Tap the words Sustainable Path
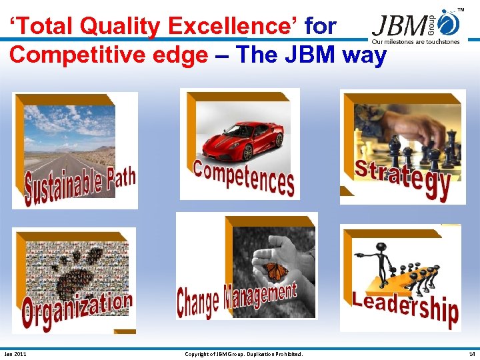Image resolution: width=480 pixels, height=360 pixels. click(80, 184)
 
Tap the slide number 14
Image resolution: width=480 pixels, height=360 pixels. click(471, 354)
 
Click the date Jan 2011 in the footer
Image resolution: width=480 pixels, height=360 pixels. click(15, 354)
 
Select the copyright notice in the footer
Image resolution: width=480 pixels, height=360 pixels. click(243, 354)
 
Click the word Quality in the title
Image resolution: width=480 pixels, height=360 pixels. click(122, 27)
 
